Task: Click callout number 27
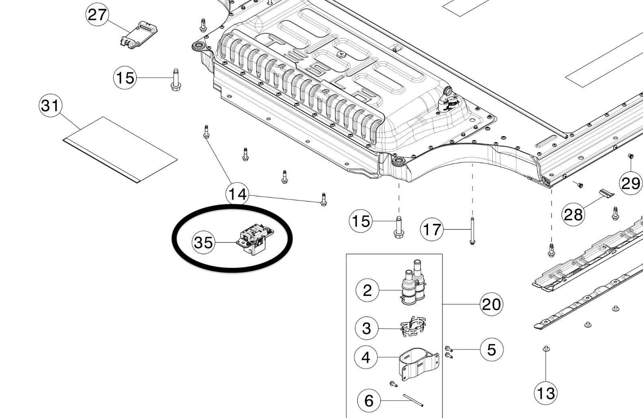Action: (x=97, y=15)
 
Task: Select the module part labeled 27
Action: (x=139, y=35)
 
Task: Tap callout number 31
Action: (x=50, y=106)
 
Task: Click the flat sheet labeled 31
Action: (x=120, y=149)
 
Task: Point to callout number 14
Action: (x=238, y=194)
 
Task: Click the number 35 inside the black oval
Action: (x=203, y=243)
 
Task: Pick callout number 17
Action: (x=432, y=230)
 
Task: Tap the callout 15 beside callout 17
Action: (x=360, y=221)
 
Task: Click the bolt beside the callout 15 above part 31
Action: (x=176, y=80)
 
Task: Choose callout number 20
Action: (x=491, y=304)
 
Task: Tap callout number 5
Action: (x=491, y=350)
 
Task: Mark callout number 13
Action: (x=545, y=393)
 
